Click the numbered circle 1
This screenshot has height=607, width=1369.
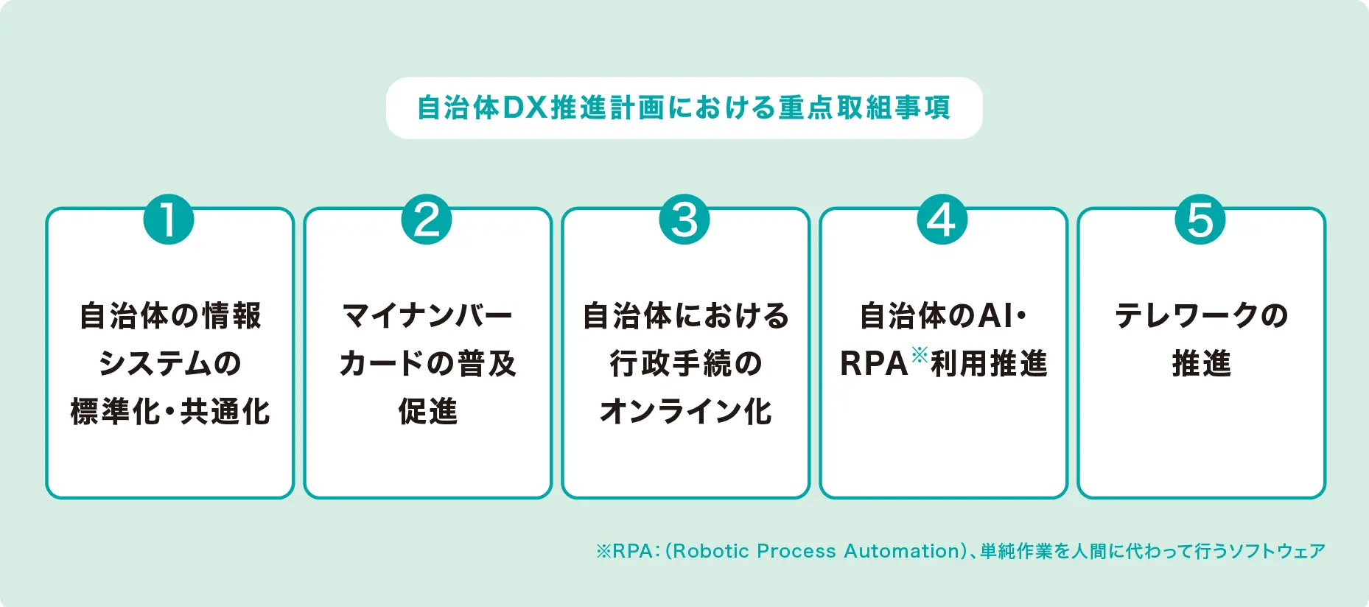169,220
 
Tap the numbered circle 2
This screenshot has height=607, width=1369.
427,220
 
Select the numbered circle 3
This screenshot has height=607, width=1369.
684,220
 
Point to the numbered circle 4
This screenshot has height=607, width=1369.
942,220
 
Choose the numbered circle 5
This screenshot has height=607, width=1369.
1200,220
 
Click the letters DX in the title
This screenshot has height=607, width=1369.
525,108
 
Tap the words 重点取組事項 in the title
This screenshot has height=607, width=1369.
864,108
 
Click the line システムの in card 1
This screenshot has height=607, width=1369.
170,363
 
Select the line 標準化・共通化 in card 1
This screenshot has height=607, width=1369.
170,411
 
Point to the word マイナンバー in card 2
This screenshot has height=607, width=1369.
427,315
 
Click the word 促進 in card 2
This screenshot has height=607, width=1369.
427,411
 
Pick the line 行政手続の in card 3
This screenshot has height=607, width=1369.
685,363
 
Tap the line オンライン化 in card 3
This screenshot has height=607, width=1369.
685,411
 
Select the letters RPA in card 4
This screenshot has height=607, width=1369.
874,364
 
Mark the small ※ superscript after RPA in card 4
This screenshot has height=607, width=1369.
919,355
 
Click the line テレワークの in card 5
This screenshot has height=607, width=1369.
1201,315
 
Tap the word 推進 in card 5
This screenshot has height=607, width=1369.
1201,363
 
